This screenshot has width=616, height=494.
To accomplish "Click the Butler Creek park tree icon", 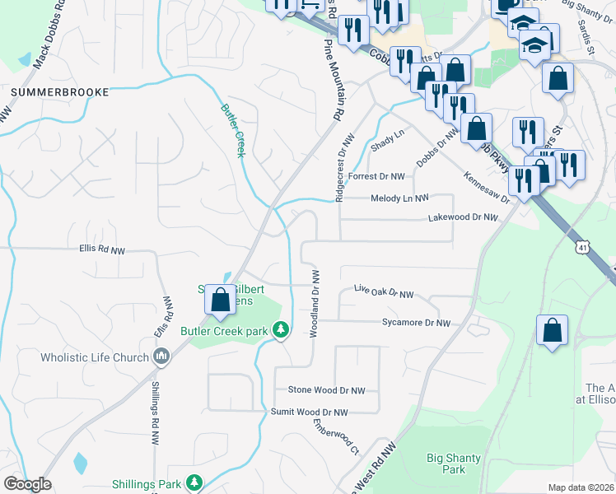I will click(282, 330).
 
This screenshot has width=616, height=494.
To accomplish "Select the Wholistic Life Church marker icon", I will click(162, 357).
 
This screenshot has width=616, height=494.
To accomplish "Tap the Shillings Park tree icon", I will click(194, 482).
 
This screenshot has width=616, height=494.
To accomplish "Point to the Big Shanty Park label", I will click(446, 464).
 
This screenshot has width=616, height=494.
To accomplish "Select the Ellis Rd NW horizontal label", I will click(102, 247).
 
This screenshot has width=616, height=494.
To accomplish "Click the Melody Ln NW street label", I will click(400, 198).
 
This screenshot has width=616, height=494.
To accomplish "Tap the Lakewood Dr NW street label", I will click(463, 218).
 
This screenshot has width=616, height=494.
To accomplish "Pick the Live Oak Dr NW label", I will click(383, 291).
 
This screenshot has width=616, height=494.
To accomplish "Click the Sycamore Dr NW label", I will click(416, 324).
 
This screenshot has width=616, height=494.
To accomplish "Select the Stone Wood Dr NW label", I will click(326, 390).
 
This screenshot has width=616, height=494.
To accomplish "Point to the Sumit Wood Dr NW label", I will click(310, 412).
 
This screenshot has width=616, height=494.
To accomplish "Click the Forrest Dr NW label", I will click(376, 176).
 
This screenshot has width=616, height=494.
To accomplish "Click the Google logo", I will click(27, 484).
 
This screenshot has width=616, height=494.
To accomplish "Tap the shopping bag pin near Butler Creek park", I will click(220, 301).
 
